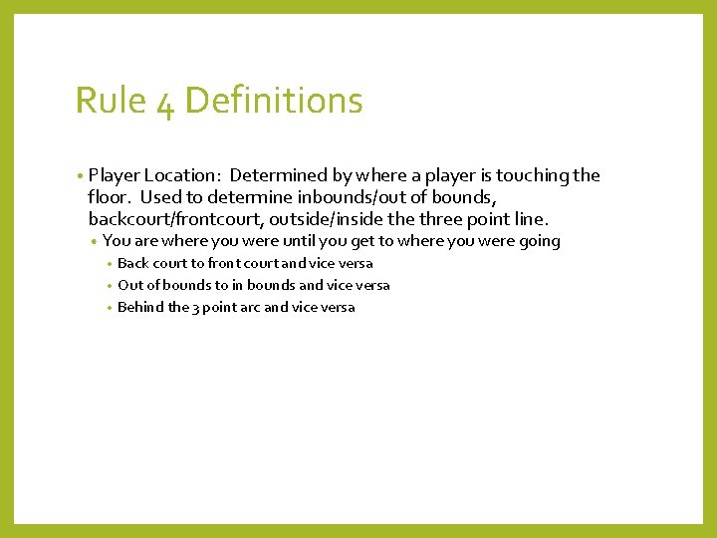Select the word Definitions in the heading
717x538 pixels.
tap(274, 101)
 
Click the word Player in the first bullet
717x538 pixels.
tap(113, 175)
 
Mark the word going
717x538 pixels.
tap(538, 241)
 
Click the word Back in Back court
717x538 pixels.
tap(133, 264)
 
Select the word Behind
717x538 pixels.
tap(140, 307)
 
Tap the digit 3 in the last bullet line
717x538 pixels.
tap(197, 308)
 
